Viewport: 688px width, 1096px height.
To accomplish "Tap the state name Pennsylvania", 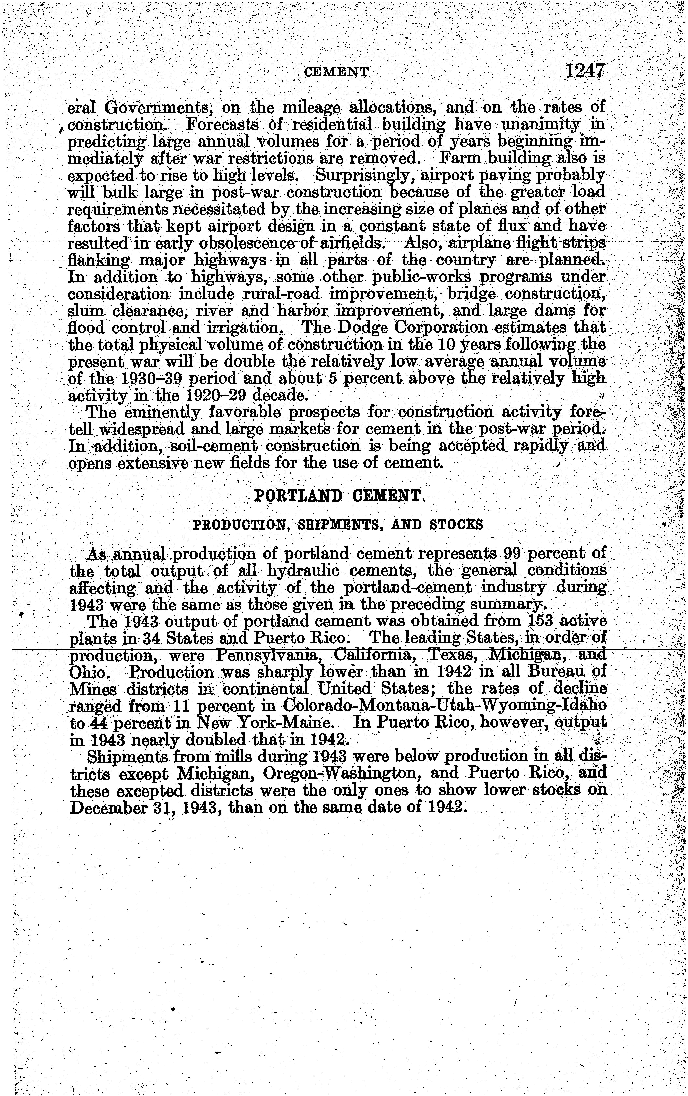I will tap(266, 655).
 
